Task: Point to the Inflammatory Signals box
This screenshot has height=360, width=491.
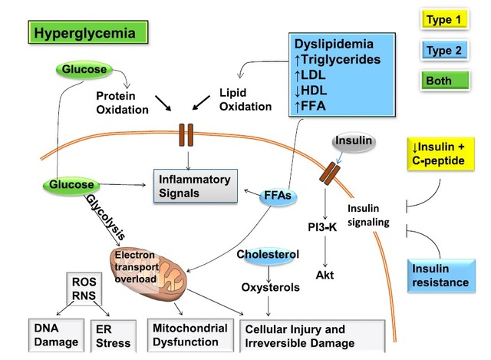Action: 193,187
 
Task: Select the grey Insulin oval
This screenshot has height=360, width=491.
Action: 353,142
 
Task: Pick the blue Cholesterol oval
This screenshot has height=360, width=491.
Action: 267,254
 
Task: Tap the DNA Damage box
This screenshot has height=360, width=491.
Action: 49,335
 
